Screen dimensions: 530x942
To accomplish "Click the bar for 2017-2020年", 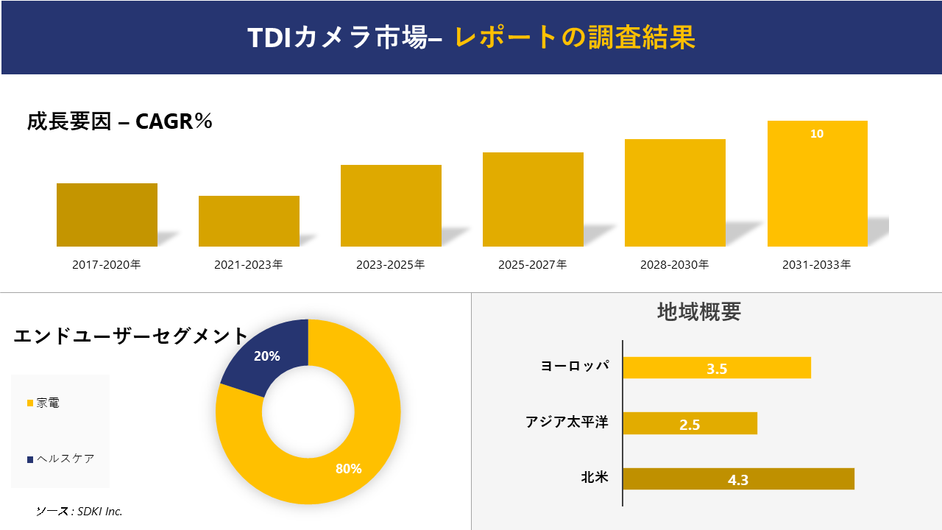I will pyautogui.click(x=107, y=215).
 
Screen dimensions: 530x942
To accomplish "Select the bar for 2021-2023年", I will pyautogui.click(x=249, y=221).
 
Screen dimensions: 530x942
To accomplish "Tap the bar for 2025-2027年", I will pyautogui.click(x=533, y=199).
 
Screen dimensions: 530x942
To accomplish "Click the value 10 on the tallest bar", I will pyautogui.click(x=817, y=134).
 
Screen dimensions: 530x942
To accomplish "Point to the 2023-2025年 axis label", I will pyautogui.click(x=391, y=265).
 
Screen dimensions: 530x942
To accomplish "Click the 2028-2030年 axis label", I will pyautogui.click(x=675, y=265).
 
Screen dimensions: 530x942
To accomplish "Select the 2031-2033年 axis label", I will pyautogui.click(x=817, y=265).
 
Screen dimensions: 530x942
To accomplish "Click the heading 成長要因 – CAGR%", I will pyautogui.click(x=120, y=121).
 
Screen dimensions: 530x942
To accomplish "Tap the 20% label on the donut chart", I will pyautogui.click(x=266, y=356).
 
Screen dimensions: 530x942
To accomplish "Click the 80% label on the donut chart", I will pyautogui.click(x=348, y=469).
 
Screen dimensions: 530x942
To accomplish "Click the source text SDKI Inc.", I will pyautogui.click(x=79, y=511).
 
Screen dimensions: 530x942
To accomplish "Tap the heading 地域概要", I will pyautogui.click(x=698, y=311).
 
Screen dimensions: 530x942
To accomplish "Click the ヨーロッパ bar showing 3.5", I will pyautogui.click(x=716, y=368).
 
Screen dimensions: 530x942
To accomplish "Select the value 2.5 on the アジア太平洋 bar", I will pyautogui.click(x=690, y=424).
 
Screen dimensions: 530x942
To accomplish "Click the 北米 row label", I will pyautogui.click(x=595, y=477).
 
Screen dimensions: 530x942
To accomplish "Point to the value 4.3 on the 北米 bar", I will pyautogui.click(x=737, y=480).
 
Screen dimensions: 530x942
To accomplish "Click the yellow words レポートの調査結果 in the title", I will pyautogui.click(x=575, y=38).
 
